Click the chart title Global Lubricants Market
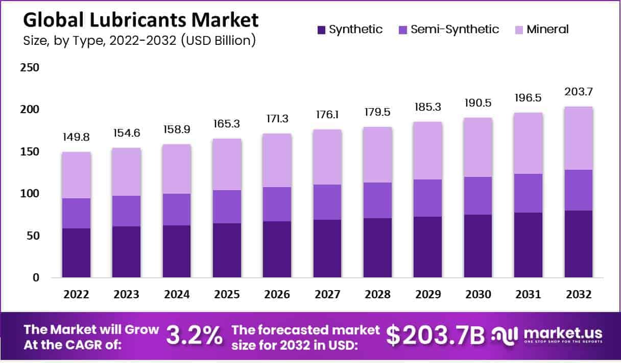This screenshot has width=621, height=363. pos(141,20)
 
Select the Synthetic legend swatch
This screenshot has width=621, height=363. pos(321,30)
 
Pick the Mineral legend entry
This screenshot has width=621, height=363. pos(547,30)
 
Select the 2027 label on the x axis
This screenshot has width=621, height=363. pos(327,295)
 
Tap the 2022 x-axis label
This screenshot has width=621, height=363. pos(77,295)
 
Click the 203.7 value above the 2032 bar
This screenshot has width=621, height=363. pos(579,92)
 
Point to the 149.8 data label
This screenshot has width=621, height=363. pos(77,138)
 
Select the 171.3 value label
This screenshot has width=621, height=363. pos(277,119)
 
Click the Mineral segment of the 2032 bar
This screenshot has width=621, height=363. pos(579,138)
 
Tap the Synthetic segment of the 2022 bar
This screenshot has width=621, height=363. pos(77,253)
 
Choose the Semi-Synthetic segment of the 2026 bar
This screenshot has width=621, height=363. pos(277,204)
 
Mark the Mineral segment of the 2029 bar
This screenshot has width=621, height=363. pos(428,150)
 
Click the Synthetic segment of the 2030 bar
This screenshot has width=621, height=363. pos(478,246)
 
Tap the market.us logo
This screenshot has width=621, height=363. pos(547,335)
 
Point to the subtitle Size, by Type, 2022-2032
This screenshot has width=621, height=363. pos(139,41)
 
